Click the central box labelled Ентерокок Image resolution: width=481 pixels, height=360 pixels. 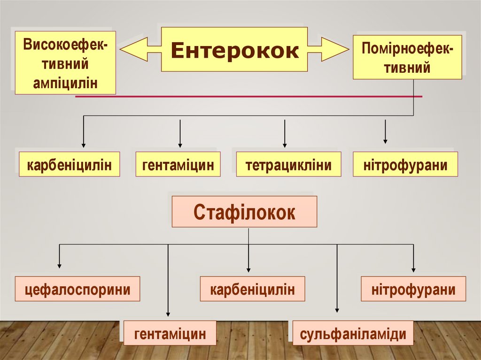(234, 49)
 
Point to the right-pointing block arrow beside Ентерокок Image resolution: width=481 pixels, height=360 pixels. (328, 49)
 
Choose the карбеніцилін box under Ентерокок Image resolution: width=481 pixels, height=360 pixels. (70, 164)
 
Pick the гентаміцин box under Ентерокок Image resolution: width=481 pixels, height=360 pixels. (178, 164)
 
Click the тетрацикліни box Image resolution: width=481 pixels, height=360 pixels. (288, 164)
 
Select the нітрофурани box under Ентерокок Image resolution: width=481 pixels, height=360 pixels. (405, 164)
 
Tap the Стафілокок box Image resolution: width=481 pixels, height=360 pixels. (244, 212)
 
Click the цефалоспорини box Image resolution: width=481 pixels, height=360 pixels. (78, 289)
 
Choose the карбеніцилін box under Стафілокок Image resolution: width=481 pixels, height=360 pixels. (252, 289)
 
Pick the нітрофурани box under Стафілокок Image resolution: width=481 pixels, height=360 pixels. (413, 289)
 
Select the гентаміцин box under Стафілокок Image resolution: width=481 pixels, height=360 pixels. (170, 333)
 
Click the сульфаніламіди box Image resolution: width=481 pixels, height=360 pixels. (353, 333)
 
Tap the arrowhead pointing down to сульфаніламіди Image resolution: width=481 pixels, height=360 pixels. (337, 309)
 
